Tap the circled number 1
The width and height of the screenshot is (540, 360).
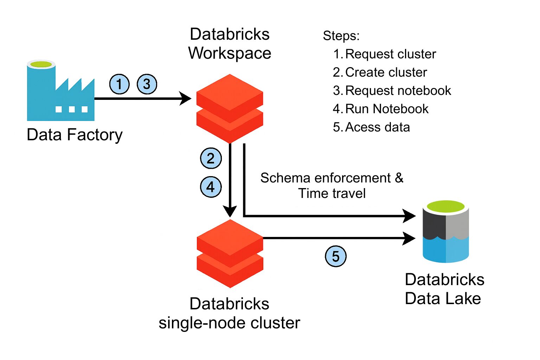[119, 84]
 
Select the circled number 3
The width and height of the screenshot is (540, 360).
[147, 84]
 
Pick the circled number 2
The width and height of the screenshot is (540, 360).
[211, 158]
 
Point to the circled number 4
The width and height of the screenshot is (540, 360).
[211, 187]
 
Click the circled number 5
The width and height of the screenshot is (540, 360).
[335, 256]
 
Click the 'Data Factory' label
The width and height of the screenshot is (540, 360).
[75, 135]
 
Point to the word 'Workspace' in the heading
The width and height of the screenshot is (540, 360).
[230, 53]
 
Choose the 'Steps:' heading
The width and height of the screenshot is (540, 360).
[341, 36]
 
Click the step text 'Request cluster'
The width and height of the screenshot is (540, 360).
[390, 54]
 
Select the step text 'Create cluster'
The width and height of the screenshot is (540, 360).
[386, 72]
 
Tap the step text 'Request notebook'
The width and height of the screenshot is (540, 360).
[398, 91]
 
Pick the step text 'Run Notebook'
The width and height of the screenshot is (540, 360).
[387, 109]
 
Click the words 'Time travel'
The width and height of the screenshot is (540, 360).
[332, 193]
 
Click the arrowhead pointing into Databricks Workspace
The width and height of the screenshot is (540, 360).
[185, 98]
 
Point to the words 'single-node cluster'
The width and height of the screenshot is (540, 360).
[229, 323]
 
